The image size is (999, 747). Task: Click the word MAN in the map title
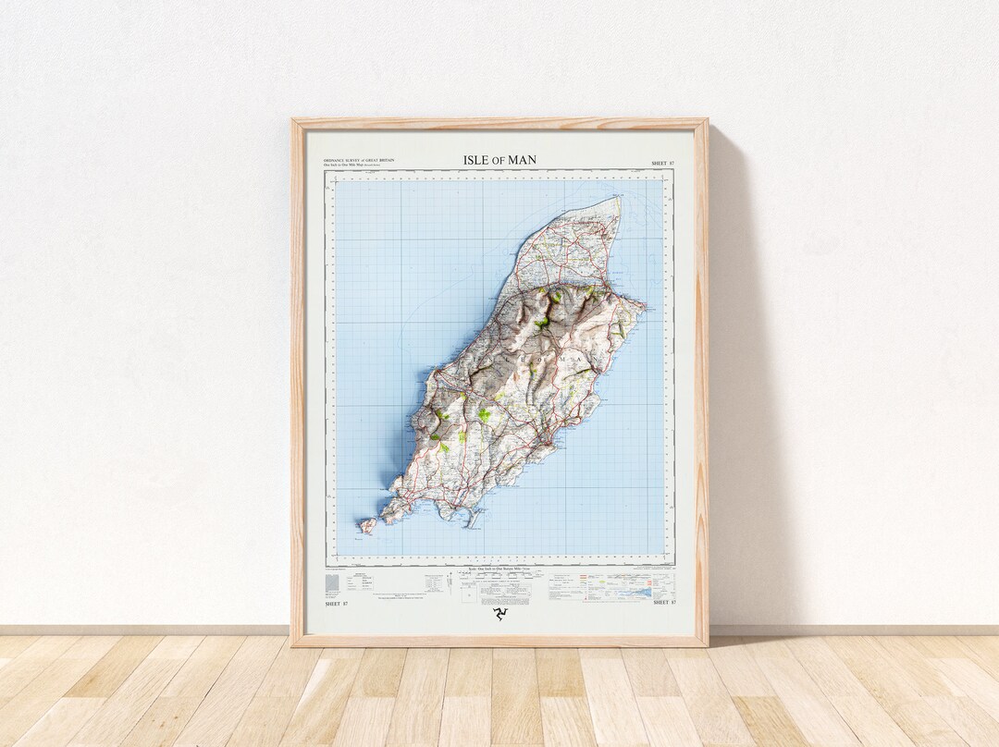click(522, 160)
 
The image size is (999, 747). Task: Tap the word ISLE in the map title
click(475, 160)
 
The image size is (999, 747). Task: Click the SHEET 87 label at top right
click(662, 163)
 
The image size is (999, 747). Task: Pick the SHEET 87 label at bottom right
click(664, 603)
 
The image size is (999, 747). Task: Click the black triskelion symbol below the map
click(499, 614)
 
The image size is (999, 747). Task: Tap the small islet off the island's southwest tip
click(367, 526)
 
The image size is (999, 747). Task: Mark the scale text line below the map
click(499, 569)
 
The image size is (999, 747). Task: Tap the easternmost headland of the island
click(643, 304)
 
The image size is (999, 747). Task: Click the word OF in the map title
click(499, 161)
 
